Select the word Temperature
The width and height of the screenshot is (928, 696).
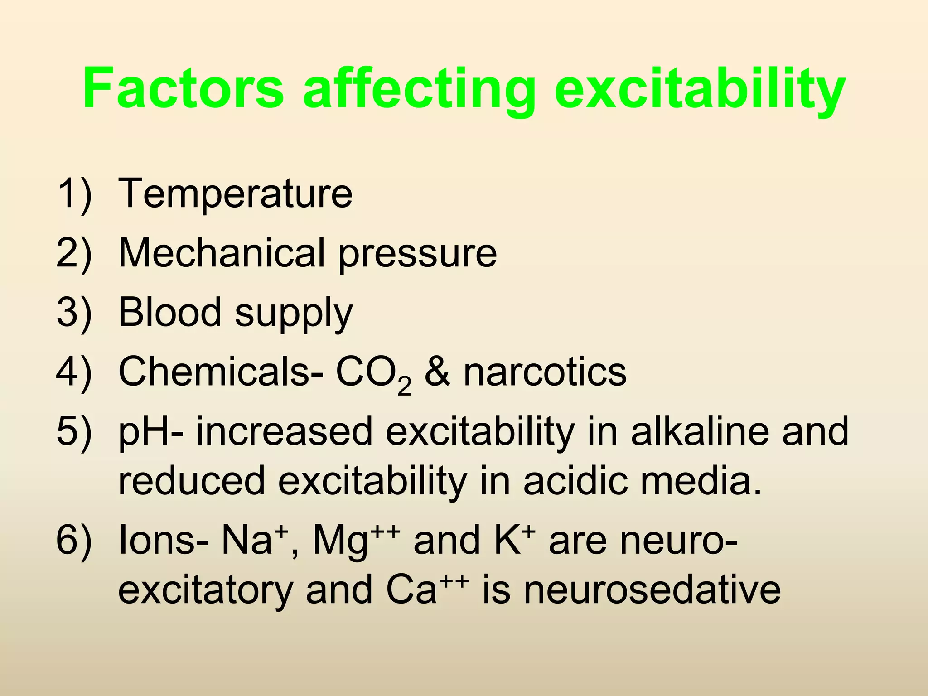coord(235,193)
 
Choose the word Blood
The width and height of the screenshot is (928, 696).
coord(169,312)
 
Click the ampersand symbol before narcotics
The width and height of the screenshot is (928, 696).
coord(437,372)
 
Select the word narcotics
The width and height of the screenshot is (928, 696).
coord(545,372)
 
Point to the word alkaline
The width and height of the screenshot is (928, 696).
coord(699,431)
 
